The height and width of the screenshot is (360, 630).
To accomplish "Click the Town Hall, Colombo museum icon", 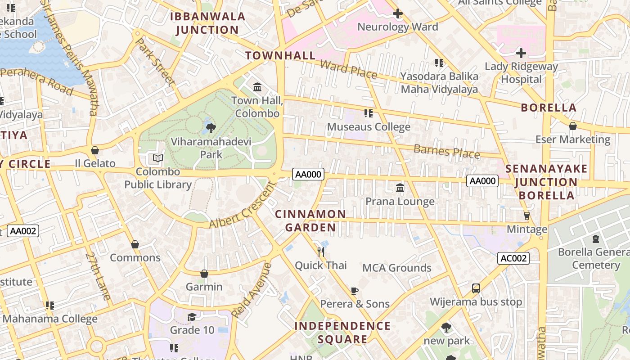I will coord(257,87).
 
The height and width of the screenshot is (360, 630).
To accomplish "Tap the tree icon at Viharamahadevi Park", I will coord(211,129).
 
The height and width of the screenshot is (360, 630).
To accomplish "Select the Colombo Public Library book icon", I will coord(158,158).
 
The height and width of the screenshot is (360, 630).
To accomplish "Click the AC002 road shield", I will coord(513,258).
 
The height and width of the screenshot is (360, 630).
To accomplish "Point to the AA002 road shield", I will coord(23,231).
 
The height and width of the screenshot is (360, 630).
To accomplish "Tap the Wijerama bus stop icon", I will coord(476,288).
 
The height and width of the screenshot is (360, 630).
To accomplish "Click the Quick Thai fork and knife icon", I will coord(321,252).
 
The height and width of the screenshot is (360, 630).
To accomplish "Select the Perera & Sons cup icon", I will coord(354,291).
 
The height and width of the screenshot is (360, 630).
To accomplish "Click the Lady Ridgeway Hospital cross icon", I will coord(521,53).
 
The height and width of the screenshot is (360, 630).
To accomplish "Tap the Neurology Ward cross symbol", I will coord(397,13).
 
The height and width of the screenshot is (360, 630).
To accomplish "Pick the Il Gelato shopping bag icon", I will coord(95,150).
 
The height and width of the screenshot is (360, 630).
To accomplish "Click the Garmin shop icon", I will coord(204,274).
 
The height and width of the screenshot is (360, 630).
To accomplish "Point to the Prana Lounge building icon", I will coord(400,188).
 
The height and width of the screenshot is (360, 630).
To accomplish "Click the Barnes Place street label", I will coord(446,152).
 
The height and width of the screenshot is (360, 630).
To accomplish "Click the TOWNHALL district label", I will coord(280,56).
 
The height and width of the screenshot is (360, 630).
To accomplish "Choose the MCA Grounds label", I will coord(397,268).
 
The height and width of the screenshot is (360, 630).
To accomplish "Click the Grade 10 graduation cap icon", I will coord(192,317).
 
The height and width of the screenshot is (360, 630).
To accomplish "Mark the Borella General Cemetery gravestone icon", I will coord(596,238).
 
